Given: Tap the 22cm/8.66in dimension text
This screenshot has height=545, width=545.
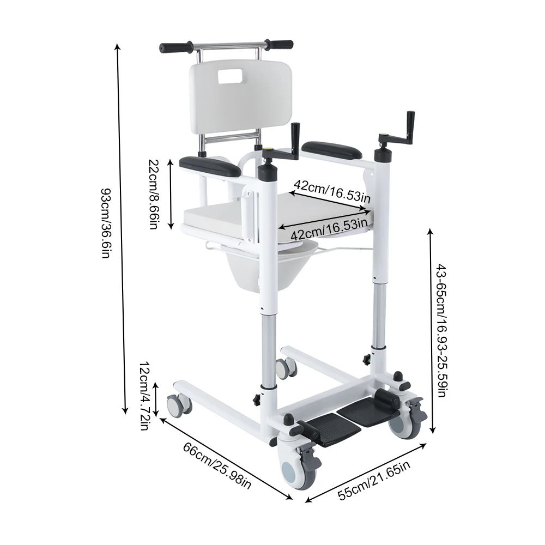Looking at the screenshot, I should point(154,194).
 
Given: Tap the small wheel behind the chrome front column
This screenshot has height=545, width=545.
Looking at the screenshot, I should point(284,368).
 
